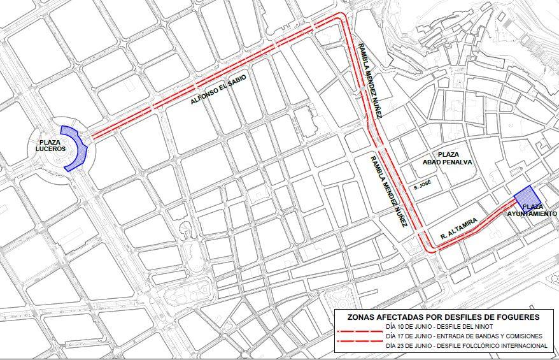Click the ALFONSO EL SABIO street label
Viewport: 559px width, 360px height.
(218, 89)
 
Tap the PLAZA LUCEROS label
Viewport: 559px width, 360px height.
(52, 145)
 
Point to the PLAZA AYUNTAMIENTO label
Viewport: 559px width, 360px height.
(532, 211)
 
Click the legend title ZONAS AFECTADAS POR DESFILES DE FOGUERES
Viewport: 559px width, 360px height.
(443, 316)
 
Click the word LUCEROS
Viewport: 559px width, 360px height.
(52, 149)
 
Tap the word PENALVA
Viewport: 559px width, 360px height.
(464, 162)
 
